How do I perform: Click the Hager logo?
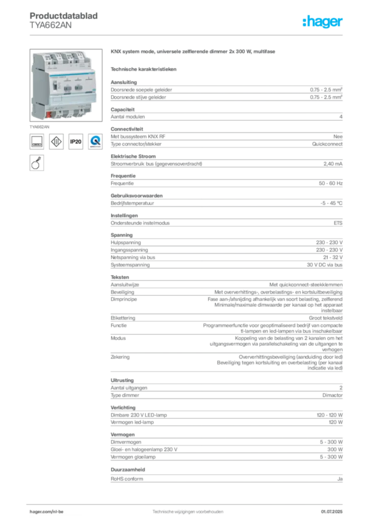[323, 21]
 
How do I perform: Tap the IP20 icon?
[76, 142]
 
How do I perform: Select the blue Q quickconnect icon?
[95, 142]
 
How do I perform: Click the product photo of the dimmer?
[66, 85]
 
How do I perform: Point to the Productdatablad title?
[64, 16]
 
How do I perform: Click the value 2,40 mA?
[333, 164]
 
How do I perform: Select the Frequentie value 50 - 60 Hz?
[330, 184]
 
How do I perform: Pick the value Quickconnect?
[327, 144]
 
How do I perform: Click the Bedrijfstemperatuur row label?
[132, 203]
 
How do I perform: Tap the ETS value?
[338, 223]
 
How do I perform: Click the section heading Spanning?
[121, 235]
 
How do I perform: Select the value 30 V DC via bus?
[325, 265]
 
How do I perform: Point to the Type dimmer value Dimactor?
[332, 395]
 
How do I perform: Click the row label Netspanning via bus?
[133, 257]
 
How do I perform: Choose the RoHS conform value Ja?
[340, 479]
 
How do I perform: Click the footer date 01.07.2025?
[332, 512]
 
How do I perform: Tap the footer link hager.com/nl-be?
[46, 512]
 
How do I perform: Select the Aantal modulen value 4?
[341, 117]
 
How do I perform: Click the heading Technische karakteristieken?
[143, 69]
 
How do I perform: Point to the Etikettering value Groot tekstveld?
[325, 318]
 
